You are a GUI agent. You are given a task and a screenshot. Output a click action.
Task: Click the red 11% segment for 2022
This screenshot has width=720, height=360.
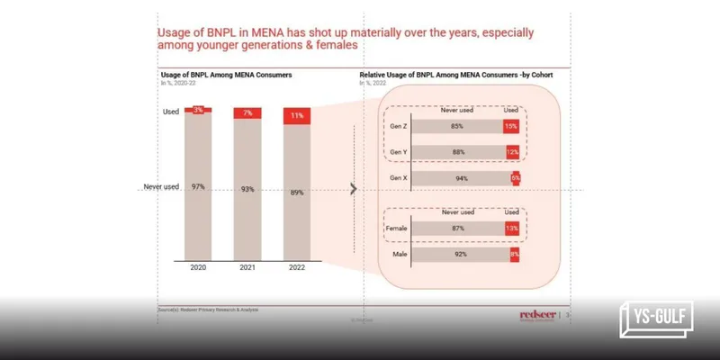[297, 116]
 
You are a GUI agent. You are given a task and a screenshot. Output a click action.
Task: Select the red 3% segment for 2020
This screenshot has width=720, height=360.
[198, 109]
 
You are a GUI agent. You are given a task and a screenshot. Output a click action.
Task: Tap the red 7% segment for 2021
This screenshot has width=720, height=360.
[247, 112]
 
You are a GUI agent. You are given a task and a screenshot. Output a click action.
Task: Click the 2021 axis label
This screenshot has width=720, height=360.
[247, 267]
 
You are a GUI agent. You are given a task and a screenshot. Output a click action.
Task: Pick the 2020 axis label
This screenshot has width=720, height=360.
[198, 267]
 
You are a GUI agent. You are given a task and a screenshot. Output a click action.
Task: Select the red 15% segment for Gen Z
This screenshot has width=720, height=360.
[510, 127]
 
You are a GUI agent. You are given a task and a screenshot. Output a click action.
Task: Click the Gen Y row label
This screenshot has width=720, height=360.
[396, 151]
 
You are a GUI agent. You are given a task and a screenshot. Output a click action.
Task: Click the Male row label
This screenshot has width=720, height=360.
[398, 255]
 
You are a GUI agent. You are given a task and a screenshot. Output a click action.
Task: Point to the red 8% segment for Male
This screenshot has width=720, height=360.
[515, 255]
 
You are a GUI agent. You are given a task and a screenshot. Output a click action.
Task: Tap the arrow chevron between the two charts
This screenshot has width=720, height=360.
[353, 189]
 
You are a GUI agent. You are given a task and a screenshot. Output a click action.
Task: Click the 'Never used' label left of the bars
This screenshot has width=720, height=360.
[163, 186]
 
